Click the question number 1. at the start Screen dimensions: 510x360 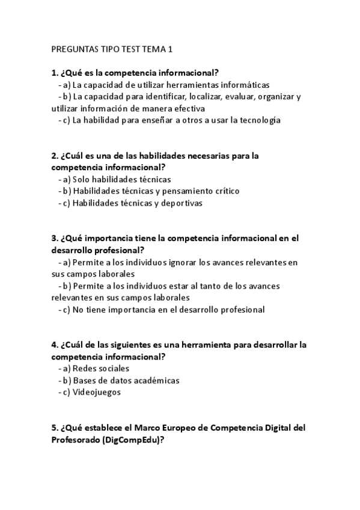[x=55, y=73]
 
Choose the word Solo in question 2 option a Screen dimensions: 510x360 [x=82, y=179]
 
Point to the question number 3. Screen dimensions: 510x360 [x=55, y=238]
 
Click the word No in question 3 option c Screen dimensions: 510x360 [x=79, y=310]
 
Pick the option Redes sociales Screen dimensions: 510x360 [x=100, y=369]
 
